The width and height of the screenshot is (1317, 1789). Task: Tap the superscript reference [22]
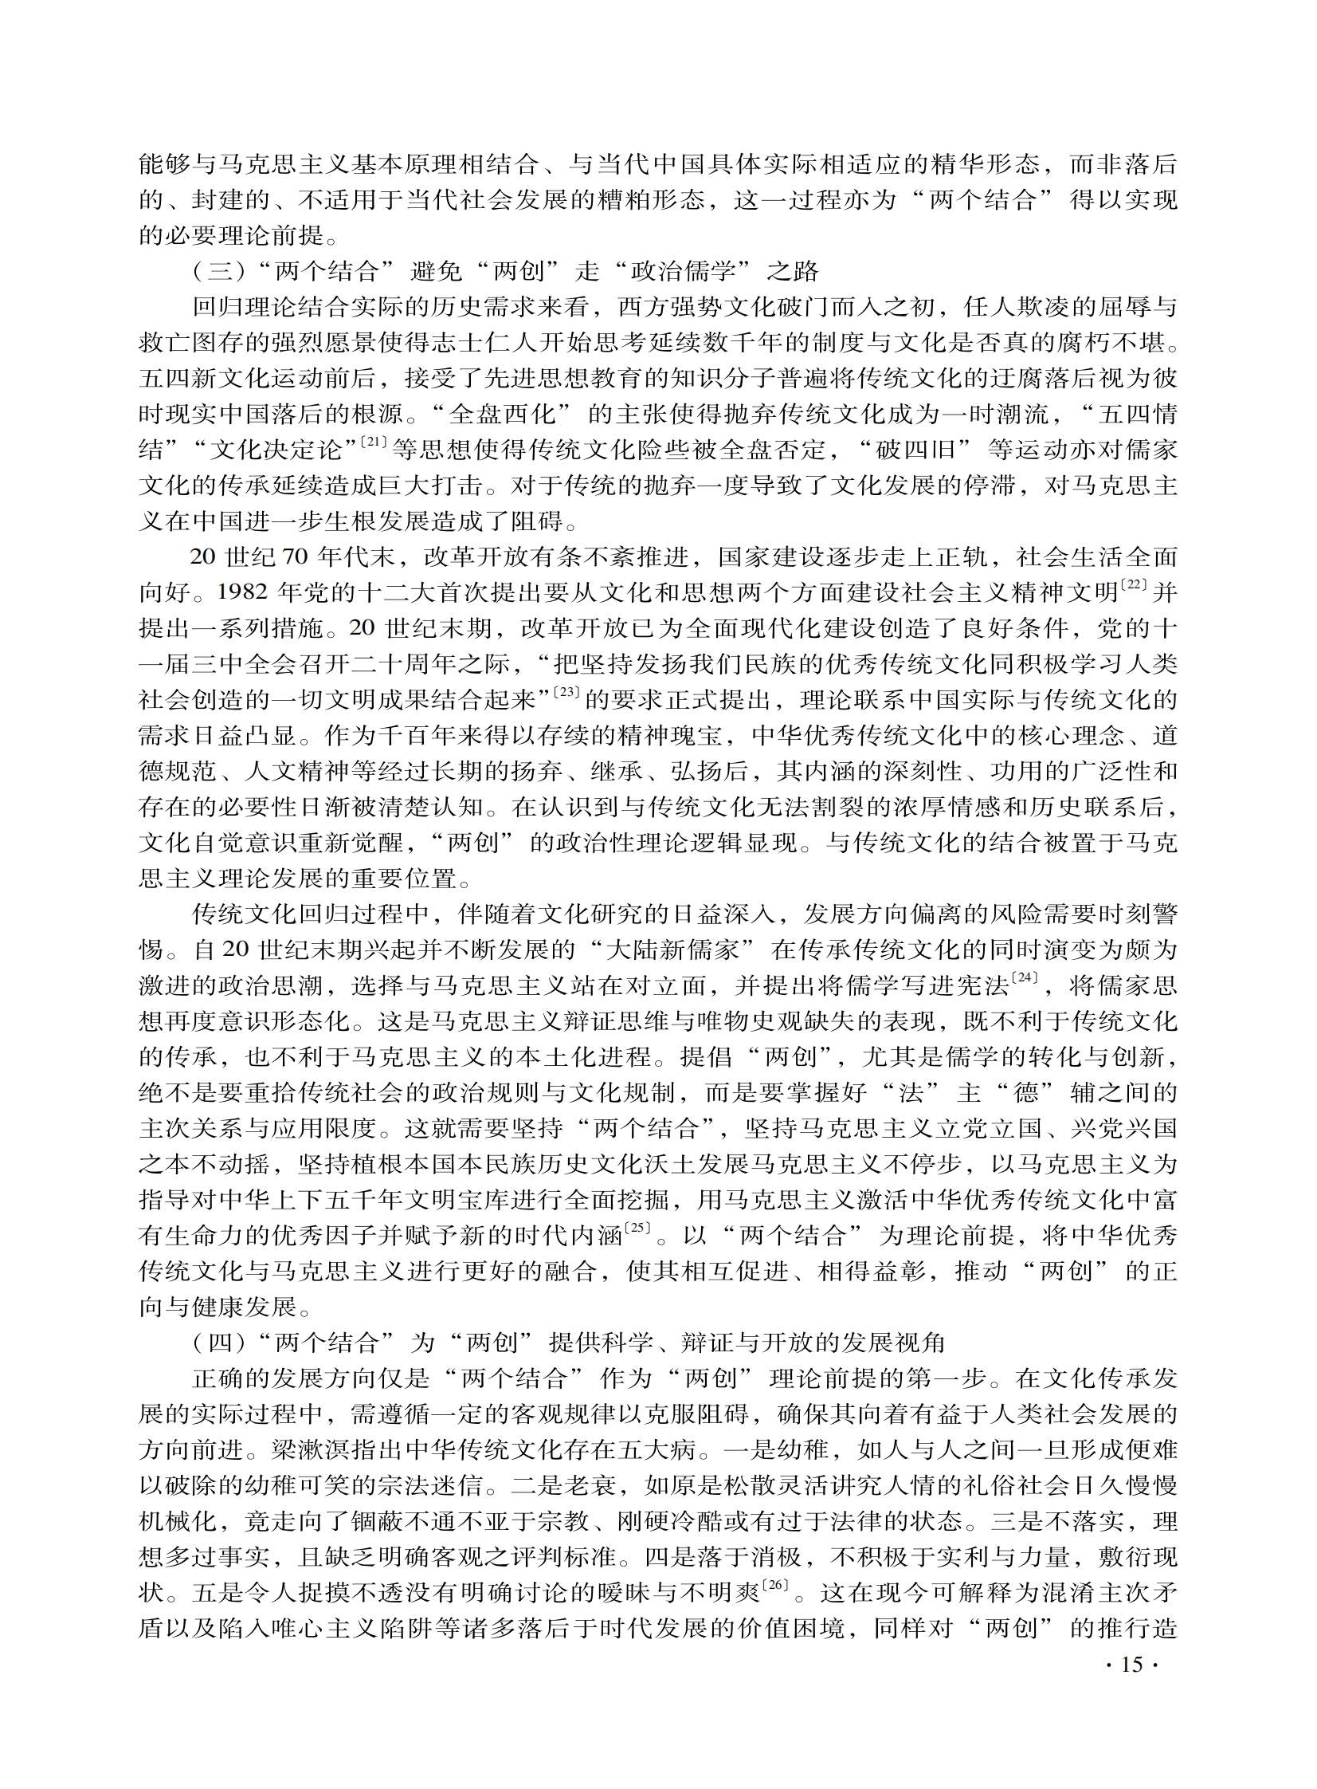click(1133, 584)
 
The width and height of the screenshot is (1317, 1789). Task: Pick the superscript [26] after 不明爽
click(776, 1583)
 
